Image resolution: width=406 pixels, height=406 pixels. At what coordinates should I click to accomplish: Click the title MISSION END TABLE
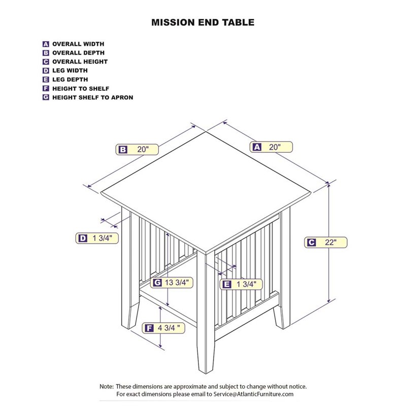point(202,22)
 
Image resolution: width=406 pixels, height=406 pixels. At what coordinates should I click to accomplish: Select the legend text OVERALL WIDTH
point(78,44)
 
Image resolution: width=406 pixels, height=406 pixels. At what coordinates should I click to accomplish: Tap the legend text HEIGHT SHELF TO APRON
point(93,97)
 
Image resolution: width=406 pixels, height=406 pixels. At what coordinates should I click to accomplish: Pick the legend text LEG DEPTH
point(70,80)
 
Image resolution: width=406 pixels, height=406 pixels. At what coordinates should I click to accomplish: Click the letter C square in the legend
point(46,61)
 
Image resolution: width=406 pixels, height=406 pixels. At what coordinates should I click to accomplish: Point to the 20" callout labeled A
point(271,147)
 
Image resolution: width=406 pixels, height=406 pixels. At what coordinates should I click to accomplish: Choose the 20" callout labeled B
point(137,149)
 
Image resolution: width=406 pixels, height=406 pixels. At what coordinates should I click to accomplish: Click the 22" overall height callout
point(325,243)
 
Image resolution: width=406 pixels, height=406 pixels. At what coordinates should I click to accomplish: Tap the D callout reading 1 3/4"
point(97,238)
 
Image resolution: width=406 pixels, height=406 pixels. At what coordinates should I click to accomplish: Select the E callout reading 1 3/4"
point(241,284)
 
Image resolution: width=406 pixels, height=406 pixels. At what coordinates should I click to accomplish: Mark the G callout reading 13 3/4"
point(172,283)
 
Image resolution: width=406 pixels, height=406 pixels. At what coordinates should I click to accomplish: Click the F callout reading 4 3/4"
point(163,328)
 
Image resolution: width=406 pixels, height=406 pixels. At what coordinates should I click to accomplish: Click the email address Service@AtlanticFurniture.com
point(253,394)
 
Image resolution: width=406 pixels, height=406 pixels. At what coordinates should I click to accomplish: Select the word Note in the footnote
point(106,387)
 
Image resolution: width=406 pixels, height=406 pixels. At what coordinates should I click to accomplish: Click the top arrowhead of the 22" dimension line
point(328,184)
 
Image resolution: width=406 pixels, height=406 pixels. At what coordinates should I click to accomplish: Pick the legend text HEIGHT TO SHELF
point(81,88)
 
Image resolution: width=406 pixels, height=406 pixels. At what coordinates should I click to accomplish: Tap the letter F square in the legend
point(46,88)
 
